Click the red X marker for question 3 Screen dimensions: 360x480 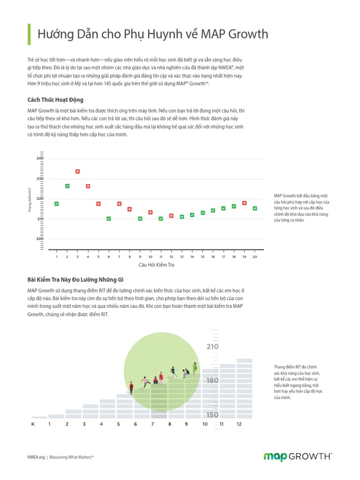coord(77,172)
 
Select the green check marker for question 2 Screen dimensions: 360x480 coord(67,186)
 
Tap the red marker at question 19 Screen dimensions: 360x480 coord(244,203)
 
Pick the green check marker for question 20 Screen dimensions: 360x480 coord(255,208)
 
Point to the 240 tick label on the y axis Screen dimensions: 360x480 coord(40,158)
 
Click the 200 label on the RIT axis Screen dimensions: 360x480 coord(40,239)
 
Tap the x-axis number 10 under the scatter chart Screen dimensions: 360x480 coord(150,257)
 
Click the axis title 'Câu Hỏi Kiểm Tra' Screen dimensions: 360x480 coord(157,265)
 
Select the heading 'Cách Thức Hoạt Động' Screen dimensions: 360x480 coord(55,100)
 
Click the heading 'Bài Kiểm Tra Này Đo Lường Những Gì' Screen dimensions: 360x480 coord(75,279)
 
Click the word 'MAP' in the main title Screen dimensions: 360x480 coord(213,34)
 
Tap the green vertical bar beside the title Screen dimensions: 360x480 coord(29,34)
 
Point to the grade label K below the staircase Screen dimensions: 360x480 coord(33,424)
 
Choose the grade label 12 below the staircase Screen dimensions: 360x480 coord(239,424)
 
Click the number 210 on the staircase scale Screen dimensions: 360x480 coord(212,346)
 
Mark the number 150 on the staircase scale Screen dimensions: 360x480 coord(212,415)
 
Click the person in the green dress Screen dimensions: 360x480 coord(195,368)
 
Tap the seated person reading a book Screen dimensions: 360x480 coord(186,372)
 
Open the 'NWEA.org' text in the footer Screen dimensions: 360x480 coord(36,457)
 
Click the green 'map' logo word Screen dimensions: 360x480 coord(275,457)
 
